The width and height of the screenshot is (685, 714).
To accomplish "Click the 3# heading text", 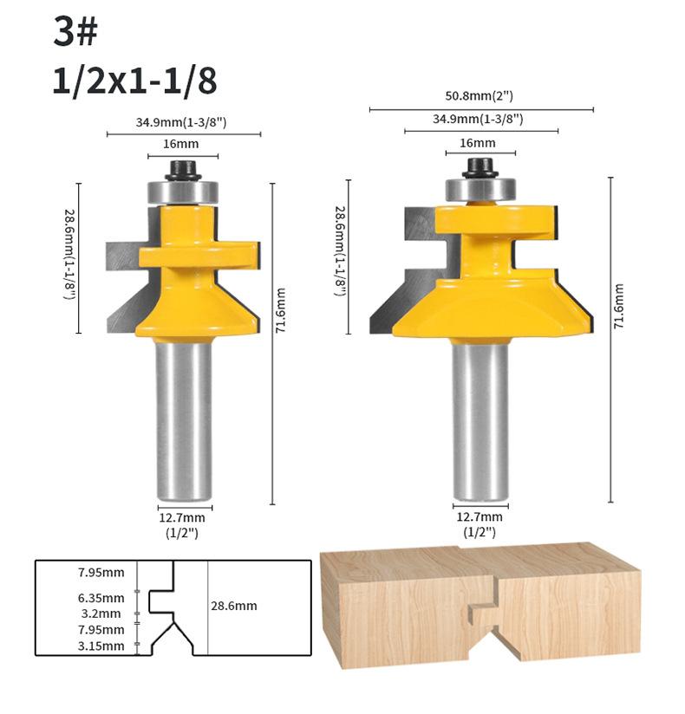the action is [x=75, y=31].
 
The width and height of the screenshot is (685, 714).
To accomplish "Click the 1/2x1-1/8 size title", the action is [x=135, y=81].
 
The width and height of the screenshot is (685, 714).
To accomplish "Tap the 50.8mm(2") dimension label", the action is [x=479, y=96].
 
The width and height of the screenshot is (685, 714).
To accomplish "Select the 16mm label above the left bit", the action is [x=181, y=144].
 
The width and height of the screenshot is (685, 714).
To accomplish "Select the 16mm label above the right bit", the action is [x=478, y=143].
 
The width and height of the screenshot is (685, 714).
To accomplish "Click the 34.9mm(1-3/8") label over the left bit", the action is [x=181, y=122].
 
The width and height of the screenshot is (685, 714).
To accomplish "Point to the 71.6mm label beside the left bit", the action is [x=281, y=310].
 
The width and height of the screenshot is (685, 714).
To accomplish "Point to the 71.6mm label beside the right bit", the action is [x=618, y=306].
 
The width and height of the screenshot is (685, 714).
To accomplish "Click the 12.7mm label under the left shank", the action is [x=182, y=518].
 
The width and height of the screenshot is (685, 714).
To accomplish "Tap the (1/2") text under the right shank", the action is [x=479, y=532].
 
